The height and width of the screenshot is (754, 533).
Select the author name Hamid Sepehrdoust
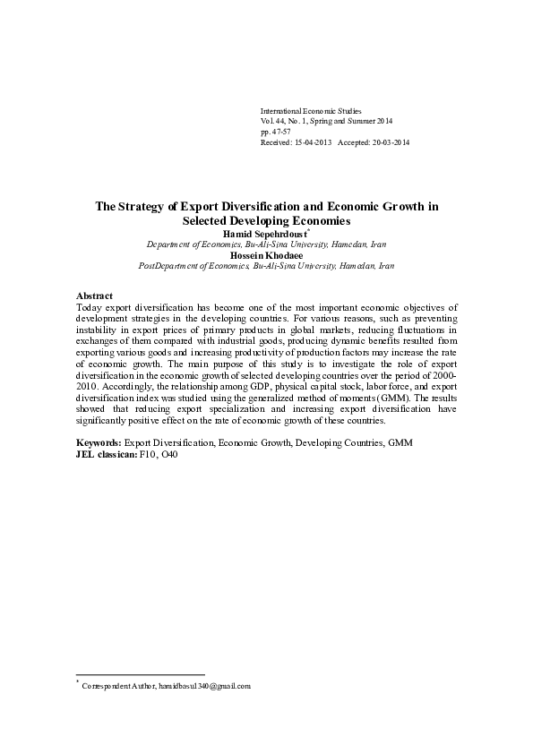pyautogui.click(x=265, y=231)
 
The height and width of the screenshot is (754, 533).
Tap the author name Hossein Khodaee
pyautogui.click(x=266, y=254)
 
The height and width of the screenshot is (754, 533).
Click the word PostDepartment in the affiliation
pyautogui.click(x=170, y=266)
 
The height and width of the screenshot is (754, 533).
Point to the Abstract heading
pyautogui.click(x=94, y=295)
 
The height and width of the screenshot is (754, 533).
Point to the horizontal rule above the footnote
pyautogui.click(x=141, y=674)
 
